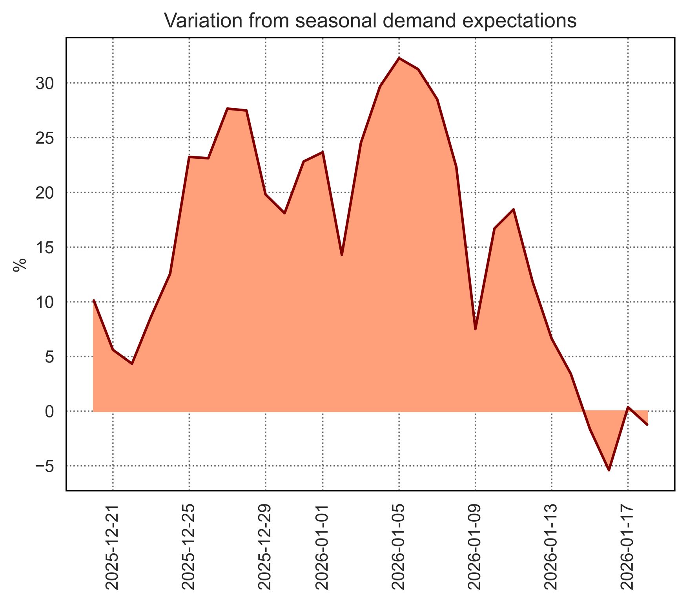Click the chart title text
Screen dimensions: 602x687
click(x=370, y=20)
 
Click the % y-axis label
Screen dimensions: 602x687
click(x=20, y=265)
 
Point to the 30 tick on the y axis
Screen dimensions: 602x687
click(x=45, y=83)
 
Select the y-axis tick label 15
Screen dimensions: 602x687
click(x=45, y=248)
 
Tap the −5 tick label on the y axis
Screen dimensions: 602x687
click(x=45, y=466)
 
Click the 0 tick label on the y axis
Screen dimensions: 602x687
click(x=49, y=412)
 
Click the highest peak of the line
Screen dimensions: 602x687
click(x=399, y=58)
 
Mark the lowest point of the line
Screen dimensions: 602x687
click(x=609, y=470)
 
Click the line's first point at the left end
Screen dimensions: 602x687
click(x=94, y=301)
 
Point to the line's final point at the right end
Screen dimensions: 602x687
click(x=647, y=424)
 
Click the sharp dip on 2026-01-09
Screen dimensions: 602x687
click(x=475, y=329)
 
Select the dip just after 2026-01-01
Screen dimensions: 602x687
click(x=342, y=255)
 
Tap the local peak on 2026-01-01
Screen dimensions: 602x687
click(x=323, y=152)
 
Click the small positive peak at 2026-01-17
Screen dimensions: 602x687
click(x=628, y=407)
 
